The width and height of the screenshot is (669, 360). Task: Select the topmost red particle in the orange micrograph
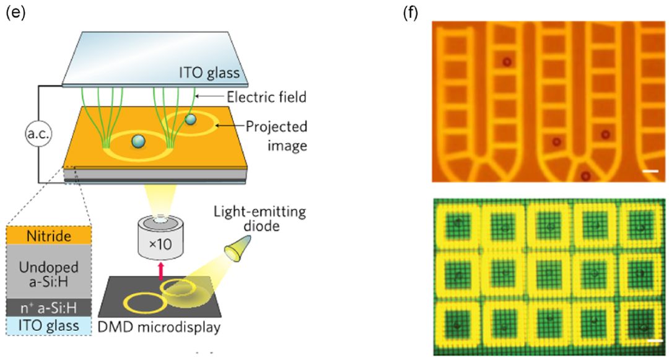click(x=507, y=61)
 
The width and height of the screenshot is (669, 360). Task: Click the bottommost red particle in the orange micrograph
click(x=585, y=176)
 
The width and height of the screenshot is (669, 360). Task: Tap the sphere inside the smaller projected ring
click(x=191, y=118)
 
